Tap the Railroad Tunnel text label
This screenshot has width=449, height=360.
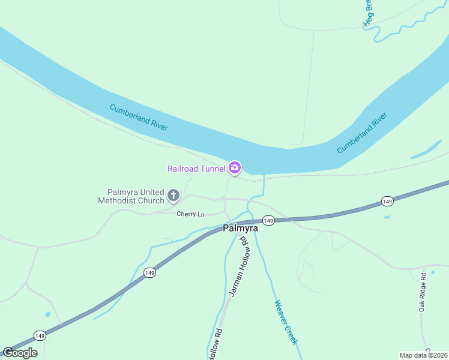(x=196, y=169)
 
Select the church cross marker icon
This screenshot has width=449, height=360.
(x=173, y=195)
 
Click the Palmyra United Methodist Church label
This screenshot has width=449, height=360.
(x=131, y=196)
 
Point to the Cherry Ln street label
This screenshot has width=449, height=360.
(x=190, y=214)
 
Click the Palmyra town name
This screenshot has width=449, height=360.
(x=240, y=228)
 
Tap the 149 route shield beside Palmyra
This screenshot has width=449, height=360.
(x=268, y=221)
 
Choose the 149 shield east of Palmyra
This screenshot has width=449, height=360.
(x=387, y=202)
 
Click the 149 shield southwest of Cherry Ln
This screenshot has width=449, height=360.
(x=150, y=273)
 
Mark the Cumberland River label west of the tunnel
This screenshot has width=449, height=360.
(x=139, y=117)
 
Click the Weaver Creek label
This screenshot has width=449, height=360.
(x=286, y=322)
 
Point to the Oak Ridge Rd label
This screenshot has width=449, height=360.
(x=423, y=292)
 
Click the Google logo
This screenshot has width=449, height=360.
(x=20, y=353)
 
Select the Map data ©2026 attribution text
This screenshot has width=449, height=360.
(x=423, y=355)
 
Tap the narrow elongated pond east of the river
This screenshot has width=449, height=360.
(x=426, y=149)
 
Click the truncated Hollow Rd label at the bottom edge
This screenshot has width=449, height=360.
(x=215, y=344)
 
